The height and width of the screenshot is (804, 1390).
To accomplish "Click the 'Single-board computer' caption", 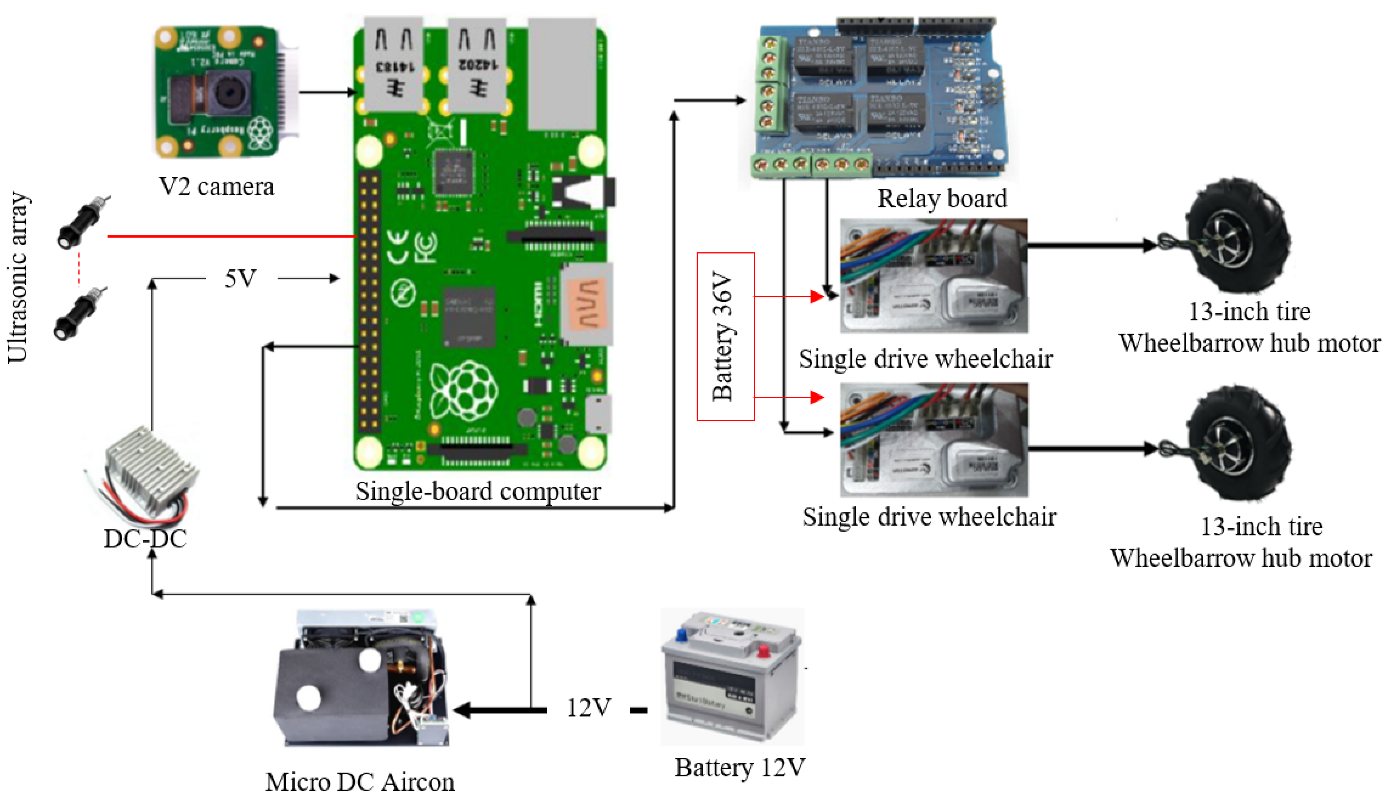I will coord(478,491).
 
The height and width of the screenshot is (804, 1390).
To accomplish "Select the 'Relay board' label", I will coord(942,199).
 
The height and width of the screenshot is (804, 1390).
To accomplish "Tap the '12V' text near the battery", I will coord(589,708).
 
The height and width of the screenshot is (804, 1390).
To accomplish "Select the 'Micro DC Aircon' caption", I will coord(360,782).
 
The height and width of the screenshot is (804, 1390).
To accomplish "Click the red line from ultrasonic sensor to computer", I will coord(232,236).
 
